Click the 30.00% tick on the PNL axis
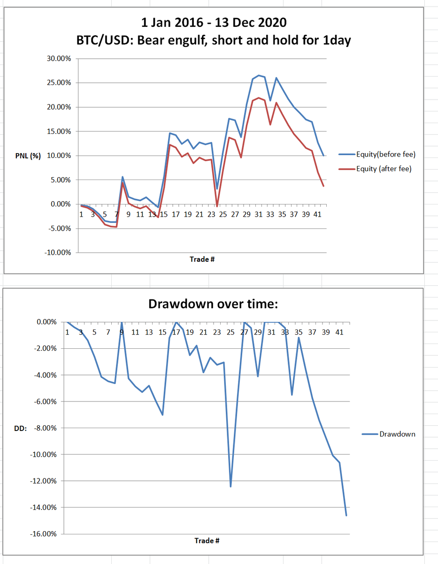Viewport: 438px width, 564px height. coord(59,59)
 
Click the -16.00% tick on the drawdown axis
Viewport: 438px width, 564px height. coord(44,534)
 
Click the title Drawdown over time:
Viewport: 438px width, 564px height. coord(213,304)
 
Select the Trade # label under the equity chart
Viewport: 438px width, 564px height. coord(202,259)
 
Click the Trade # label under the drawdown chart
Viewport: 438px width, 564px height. coord(207,540)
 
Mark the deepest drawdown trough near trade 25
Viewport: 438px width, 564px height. coord(231,486)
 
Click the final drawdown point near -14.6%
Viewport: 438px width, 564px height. coord(346,516)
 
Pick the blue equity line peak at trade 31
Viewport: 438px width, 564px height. coord(259,75)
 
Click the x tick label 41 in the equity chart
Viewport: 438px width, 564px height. coord(317,214)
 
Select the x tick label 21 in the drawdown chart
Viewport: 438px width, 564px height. coord(203,332)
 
